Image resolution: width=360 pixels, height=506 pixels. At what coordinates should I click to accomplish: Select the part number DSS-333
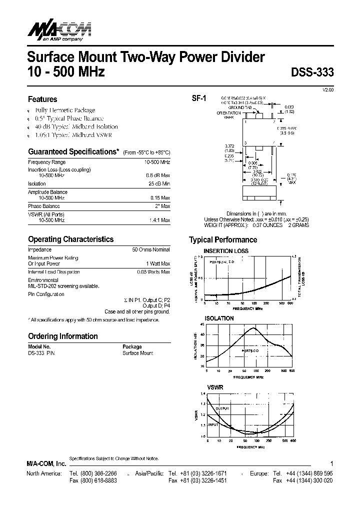(x=312, y=71)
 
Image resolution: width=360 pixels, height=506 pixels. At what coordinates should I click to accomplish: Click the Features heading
(x=42, y=99)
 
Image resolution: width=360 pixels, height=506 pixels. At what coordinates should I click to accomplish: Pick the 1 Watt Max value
(x=157, y=263)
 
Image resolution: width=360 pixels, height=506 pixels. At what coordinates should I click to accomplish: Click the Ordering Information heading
(x=62, y=336)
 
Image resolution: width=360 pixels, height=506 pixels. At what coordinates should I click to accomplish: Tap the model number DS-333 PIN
(x=41, y=353)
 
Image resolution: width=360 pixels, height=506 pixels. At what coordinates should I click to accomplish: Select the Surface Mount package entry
(x=138, y=353)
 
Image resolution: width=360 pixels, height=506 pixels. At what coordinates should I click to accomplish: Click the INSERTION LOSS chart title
(x=225, y=250)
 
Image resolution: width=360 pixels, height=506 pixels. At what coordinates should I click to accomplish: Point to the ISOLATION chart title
(x=219, y=318)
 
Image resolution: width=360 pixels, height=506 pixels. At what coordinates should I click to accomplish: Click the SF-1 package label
(x=199, y=98)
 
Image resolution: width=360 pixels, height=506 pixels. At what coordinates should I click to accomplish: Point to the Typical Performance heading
(x=223, y=239)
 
